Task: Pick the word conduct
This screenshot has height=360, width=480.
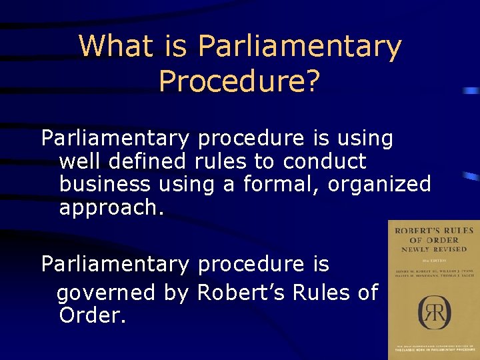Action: coord(325,161)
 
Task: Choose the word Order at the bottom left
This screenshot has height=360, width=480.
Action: coord(92,315)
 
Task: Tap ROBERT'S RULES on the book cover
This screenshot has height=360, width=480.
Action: coord(434,231)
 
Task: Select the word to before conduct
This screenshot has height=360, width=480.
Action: coord(265,161)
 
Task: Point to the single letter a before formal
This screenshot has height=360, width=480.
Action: coord(229,185)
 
